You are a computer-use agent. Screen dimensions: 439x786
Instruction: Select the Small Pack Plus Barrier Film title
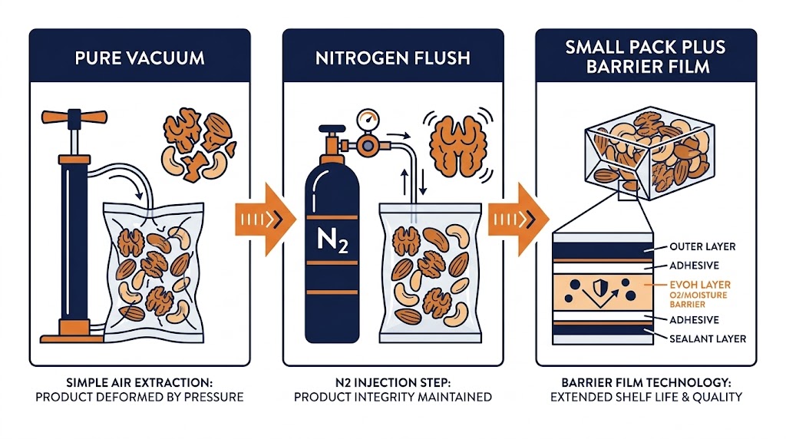(646, 56)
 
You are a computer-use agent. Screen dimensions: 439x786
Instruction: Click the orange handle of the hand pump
(75, 120)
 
